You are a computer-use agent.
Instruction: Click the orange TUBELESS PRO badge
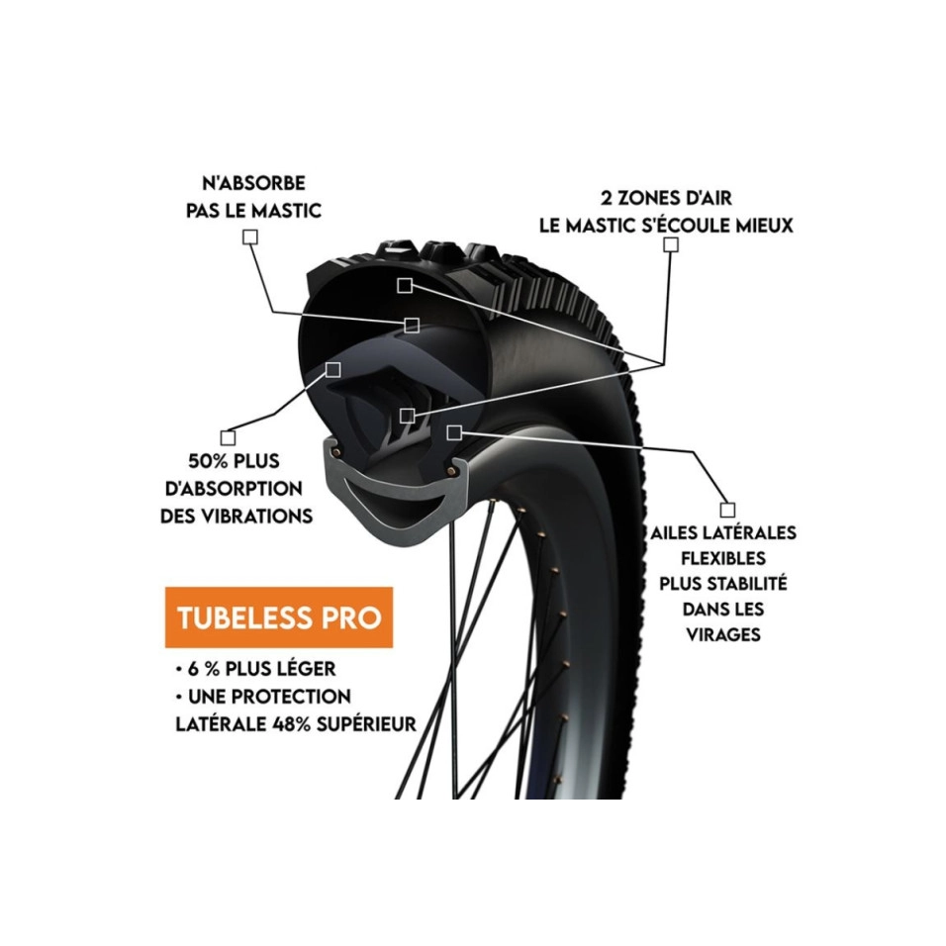point(278,617)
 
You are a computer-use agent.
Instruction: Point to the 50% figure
point(211,461)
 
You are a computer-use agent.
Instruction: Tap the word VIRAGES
point(723,634)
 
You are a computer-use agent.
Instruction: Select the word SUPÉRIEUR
point(371,723)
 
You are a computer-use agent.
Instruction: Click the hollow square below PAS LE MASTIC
point(250,237)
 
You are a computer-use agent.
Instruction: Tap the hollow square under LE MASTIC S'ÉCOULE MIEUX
point(672,243)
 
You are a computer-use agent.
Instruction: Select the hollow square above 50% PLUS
point(229,435)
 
